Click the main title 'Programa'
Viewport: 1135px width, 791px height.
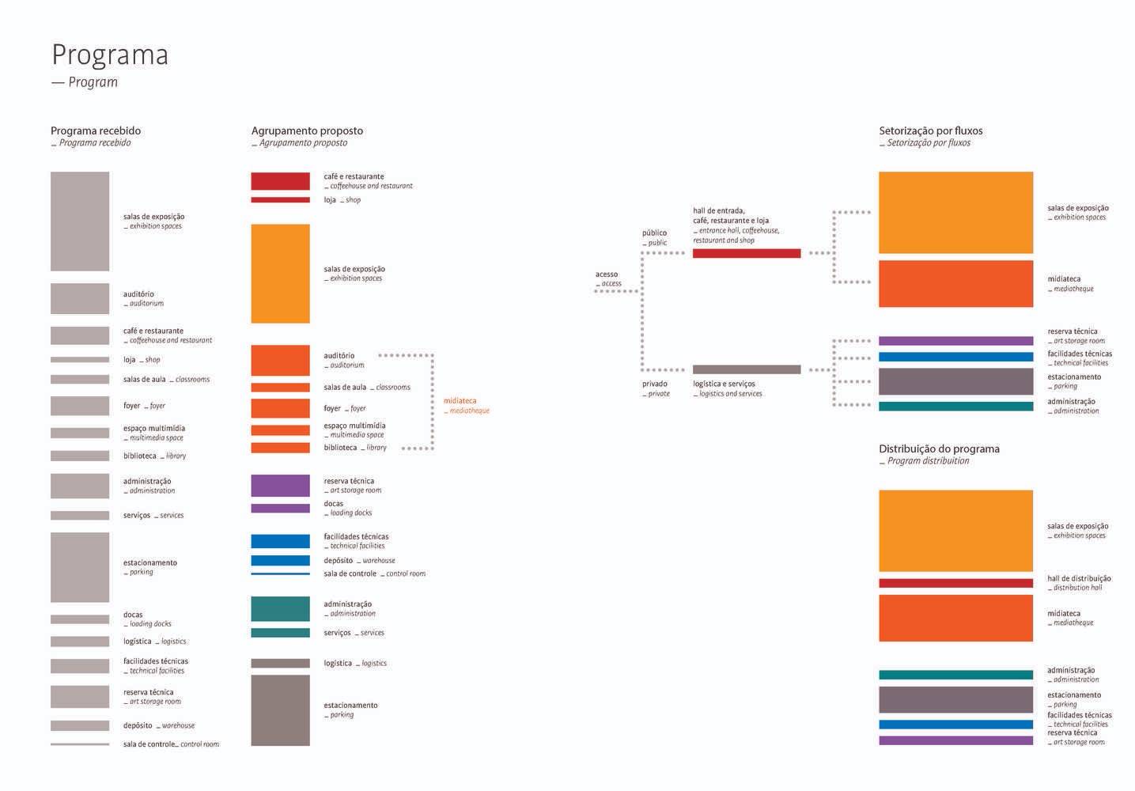[110, 55]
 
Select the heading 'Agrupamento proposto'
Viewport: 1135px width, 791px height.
[307, 131]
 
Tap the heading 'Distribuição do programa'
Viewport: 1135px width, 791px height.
[939, 448]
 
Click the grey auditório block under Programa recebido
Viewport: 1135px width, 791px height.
[80, 298]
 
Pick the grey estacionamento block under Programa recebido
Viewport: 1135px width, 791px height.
[80, 567]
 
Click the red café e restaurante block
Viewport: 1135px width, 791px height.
[280, 181]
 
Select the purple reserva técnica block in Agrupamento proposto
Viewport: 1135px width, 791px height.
[280, 485]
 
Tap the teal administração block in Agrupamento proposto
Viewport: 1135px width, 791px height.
[280, 608]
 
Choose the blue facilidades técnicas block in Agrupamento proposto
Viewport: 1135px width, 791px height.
[280, 541]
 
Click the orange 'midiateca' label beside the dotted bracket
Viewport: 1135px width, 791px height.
[460, 401]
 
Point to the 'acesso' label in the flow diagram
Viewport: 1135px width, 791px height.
[607, 274]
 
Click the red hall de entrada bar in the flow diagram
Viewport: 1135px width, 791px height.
[746, 253]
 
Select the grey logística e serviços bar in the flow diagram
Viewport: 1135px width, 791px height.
[746, 369]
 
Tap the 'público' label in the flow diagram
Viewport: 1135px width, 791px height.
[654, 233]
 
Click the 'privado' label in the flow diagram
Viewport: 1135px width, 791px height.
[654, 384]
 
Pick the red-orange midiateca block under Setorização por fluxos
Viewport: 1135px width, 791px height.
[955, 283]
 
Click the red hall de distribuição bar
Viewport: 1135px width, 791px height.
[955, 583]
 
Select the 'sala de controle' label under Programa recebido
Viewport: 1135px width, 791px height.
[149, 744]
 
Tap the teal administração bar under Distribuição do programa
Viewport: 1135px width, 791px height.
[955, 675]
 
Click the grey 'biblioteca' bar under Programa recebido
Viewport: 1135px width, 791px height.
[80, 456]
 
